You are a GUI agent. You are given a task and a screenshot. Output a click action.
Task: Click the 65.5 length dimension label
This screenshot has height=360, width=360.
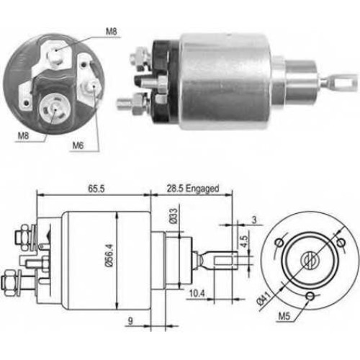click(96, 189)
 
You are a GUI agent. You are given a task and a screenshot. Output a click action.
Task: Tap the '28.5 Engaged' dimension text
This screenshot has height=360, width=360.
click(193, 189)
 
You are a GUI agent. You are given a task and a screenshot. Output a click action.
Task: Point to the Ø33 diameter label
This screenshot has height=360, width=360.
click(174, 216)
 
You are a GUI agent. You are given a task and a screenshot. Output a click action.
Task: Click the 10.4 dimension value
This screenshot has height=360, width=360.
click(197, 293)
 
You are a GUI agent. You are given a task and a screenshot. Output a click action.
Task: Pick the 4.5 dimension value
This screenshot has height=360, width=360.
click(243, 241)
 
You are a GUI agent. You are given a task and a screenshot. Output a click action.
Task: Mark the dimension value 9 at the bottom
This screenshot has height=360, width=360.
click(130, 321)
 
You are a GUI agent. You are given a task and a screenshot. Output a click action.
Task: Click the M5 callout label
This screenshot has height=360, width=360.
click(284, 316)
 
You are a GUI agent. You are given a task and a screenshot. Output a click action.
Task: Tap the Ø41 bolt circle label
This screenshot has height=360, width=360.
click(264, 297)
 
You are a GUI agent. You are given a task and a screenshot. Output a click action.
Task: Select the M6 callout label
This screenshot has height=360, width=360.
click(78, 145)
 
